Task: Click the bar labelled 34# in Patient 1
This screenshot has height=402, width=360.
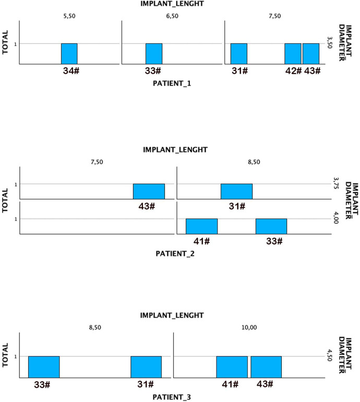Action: (69, 54)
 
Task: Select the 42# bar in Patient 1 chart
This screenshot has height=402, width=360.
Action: (293, 54)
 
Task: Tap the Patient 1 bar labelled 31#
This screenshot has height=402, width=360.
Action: (238, 54)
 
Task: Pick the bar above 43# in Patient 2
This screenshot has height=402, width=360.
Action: (149, 192)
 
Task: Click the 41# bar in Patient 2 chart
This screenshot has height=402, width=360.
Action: (201, 226)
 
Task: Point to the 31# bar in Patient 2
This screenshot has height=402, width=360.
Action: (236, 192)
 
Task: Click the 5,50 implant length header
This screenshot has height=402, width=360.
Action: (69, 17)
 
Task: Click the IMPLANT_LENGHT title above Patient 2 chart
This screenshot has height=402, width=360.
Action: (175, 150)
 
